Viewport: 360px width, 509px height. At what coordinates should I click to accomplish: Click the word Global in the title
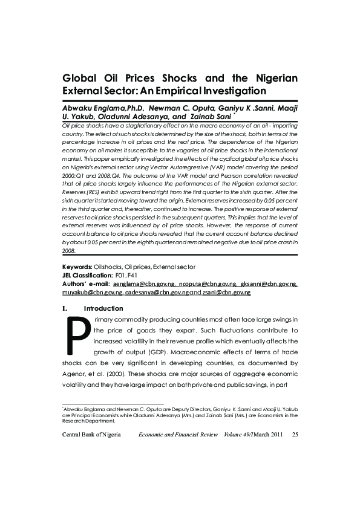pyautogui.click(x=83, y=79)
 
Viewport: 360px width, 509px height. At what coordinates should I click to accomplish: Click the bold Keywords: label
pyautogui.click(x=77, y=267)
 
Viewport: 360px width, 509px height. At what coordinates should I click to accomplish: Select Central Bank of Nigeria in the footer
pyautogui.click(x=91, y=435)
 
